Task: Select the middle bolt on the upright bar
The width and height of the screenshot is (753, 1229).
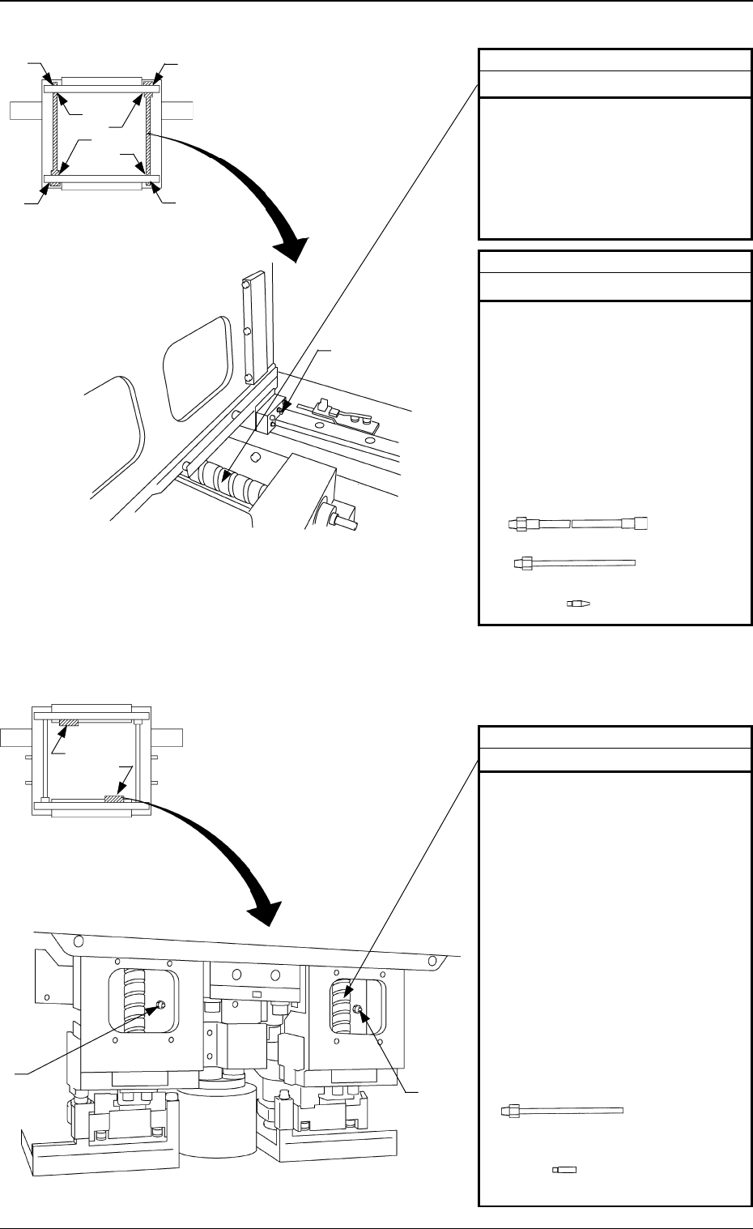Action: click(246, 331)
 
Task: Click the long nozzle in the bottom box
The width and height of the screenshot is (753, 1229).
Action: click(562, 1109)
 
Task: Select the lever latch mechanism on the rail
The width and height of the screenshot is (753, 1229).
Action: click(339, 412)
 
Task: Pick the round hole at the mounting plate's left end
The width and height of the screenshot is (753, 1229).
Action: click(79, 941)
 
